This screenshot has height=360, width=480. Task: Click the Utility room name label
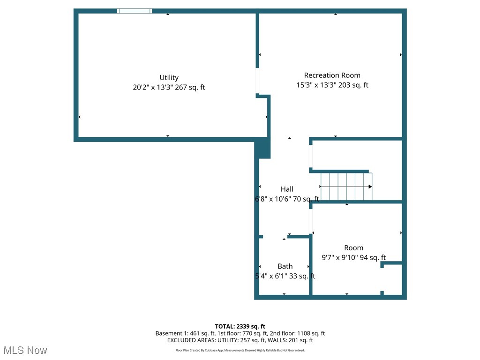pyautogui.click(x=169, y=78)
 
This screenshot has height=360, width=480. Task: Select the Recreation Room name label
pyautogui.click(x=332, y=75)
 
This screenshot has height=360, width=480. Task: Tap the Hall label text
pyautogui.click(x=287, y=189)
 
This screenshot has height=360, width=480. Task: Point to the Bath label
pyautogui.click(x=285, y=266)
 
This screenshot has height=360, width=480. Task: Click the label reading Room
pyautogui.click(x=353, y=248)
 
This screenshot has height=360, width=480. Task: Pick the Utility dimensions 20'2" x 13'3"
pyautogui.click(x=152, y=87)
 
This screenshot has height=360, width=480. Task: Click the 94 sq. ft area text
pyautogui.click(x=372, y=257)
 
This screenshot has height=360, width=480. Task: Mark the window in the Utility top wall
pyautogui.click(x=135, y=11)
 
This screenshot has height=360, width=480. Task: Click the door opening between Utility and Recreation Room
pyautogui.click(x=257, y=81)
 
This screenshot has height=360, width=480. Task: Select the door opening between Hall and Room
pyautogui.click(x=310, y=220)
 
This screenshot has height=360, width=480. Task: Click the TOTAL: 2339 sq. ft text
pyautogui.click(x=240, y=326)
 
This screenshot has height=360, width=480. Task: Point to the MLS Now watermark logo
pyautogui.click(x=25, y=350)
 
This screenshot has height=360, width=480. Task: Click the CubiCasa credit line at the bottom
pyautogui.click(x=240, y=350)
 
